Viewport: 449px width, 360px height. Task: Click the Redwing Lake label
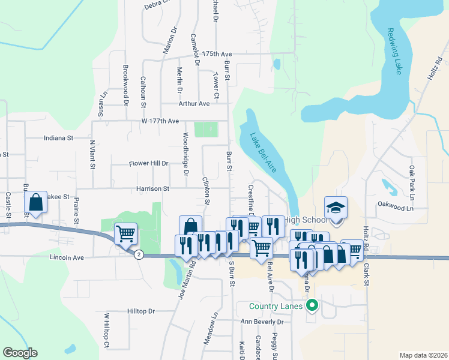coord(395,51)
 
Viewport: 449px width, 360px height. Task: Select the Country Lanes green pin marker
coord(312,307)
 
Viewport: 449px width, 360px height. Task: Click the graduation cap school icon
coord(336,208)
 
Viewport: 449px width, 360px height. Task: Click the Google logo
coord(20,353)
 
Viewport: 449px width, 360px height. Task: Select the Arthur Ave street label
coord(194,103)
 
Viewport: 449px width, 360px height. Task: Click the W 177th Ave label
coord(160,121)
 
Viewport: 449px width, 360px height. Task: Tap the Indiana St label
coord(58,137)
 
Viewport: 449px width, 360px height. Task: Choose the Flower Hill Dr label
coord(149,163)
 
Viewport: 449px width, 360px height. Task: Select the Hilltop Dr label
coord(141,311)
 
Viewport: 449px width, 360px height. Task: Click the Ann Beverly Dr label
coord(261,322)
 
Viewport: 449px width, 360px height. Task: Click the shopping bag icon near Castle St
coord(36,203)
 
